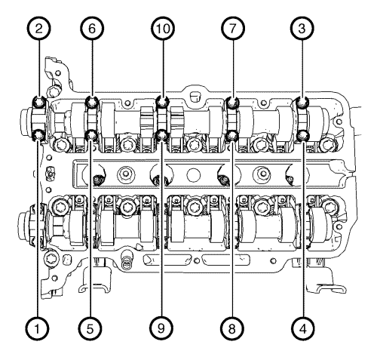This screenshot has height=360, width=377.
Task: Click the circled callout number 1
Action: click(x=37, y=328)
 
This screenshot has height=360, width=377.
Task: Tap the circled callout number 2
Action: click(x=38, y=28)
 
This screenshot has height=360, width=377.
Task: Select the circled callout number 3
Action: click(x=302, y=28)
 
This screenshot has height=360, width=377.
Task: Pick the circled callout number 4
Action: click(x=303, y=328)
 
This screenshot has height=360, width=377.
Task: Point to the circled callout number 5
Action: click(x=90, y=328)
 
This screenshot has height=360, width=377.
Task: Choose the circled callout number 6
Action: click(x=92, y=28)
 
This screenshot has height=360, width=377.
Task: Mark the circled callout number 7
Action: click(x=233, y=28)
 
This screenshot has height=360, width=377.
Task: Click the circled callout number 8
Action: click(x=232, y=328)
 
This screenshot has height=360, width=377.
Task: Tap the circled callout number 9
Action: click(x=161, y=328)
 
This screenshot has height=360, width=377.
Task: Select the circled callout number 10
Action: click(x=163, y=28)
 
